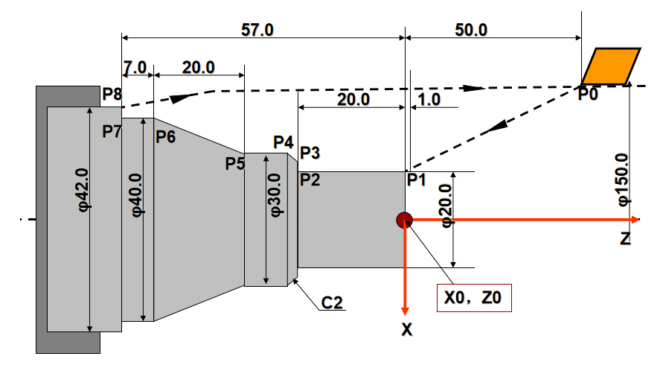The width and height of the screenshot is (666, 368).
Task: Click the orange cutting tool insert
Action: [x=611, y=66]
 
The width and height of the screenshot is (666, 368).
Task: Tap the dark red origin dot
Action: [x=404, y=220]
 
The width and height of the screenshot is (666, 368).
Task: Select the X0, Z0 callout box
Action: [x=474, y=298]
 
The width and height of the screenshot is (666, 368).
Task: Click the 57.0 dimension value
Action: [x=257, y=30]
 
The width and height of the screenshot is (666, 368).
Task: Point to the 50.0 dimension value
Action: [x=471, y=30]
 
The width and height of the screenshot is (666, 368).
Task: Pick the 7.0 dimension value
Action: [x=135, y=67]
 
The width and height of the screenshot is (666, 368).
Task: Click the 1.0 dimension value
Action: [x=429, y=100]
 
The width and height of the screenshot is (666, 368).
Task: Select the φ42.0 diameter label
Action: [x=83, y=190]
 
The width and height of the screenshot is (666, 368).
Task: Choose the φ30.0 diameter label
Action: [x=275, y=195]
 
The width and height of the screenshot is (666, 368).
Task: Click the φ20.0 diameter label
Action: [x=446, y=206]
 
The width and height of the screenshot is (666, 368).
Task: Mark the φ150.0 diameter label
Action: [x=623, y=180]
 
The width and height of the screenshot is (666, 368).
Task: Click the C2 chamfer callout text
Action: [x=332, y=302]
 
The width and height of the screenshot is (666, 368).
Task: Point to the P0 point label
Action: [x=588, y=94]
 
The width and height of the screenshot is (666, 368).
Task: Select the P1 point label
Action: [x=416, y=180]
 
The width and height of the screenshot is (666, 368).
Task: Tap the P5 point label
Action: [x=235, y=163]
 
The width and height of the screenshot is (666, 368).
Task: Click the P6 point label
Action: [x=166, y=137]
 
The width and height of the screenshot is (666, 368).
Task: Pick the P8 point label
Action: [x=112, y=94]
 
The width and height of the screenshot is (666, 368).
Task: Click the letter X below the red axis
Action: [x=406, y=329]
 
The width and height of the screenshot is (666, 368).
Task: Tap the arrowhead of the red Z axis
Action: [x=635, y=220]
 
